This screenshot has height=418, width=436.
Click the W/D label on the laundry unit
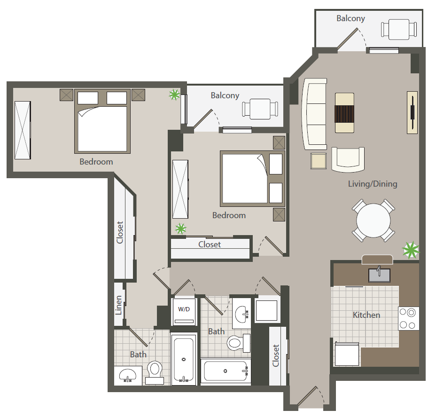point(184,309)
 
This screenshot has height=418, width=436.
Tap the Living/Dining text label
point(373,184)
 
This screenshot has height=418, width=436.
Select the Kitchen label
point(366,315)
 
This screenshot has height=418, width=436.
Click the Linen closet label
point(119,305)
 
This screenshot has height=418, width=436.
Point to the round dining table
point(374,221)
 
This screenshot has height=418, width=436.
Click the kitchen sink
point(379,275)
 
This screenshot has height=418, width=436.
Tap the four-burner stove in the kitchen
point(408,318)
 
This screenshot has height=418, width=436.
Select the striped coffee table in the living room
point(344,113)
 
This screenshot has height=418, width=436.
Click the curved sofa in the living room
point(314,114)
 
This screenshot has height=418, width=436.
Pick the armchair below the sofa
point(348,160)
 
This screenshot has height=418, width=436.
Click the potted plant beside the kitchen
point(411,250)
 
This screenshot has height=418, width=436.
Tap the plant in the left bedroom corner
point(174,95)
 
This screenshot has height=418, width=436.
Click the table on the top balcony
point(399,29)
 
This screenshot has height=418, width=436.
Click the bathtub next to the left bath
point(183,359)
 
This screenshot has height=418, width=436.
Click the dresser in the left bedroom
point(23,130)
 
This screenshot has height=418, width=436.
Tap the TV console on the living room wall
point(413,112)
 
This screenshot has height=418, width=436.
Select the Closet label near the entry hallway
point(276,355)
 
